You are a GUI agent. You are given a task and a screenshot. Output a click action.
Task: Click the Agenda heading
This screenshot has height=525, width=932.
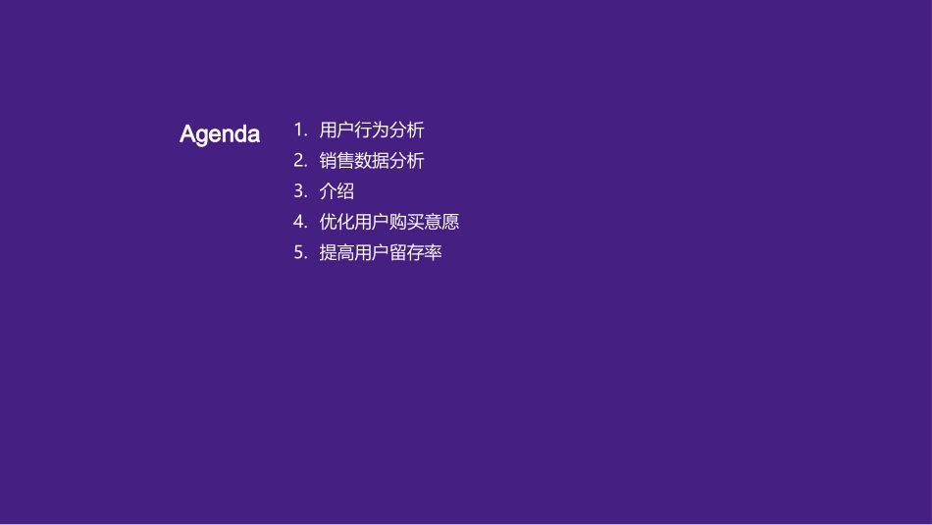click(220, 134)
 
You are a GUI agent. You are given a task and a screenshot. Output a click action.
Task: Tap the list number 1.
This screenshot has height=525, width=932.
click(299, 130)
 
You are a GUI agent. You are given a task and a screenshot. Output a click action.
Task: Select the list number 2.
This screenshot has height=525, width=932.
click(299, 160)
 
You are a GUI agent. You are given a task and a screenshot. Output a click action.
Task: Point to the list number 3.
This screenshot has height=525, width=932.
click(299, 191)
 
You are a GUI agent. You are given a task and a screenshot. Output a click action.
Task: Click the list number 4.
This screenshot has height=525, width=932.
click(299, 222)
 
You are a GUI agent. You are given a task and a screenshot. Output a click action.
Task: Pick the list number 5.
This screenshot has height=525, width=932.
click(299, 253)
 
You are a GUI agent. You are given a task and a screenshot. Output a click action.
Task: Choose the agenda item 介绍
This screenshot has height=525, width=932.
click(337, 191)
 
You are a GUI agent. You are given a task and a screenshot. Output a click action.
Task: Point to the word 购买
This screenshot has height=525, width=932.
click(407, 222)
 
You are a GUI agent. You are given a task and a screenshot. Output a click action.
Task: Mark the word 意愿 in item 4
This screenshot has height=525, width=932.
click(442, 222)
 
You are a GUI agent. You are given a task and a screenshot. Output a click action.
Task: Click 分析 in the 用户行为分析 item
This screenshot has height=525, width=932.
click(407, 130)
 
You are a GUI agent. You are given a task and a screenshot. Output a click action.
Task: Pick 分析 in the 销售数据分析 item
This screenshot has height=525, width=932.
click(407, 160)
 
